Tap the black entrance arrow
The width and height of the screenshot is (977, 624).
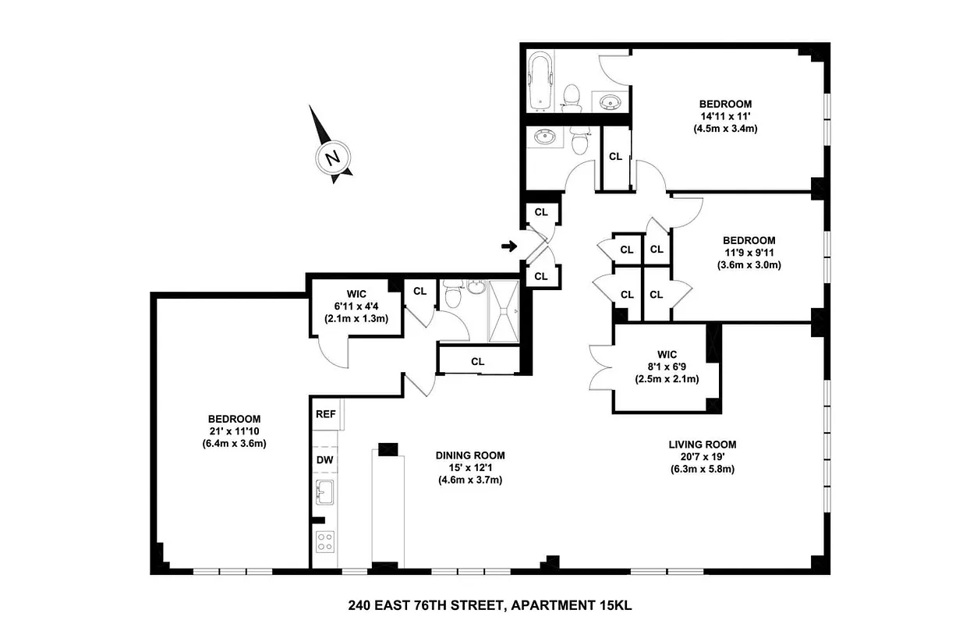[x=508, y=247]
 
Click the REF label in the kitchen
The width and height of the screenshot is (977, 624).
[x=325, y=414]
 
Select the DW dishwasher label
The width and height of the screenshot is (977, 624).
[x=325, y=459]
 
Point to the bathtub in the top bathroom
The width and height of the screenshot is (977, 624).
[x=540, y=81]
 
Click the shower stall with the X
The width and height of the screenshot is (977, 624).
[x=504, y=311]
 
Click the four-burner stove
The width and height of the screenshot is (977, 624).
[x=325, y=541]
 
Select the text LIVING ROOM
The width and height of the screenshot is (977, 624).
[x=702, y=445]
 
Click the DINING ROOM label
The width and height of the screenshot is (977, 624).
[x=470, y=456]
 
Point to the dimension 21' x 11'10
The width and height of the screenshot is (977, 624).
[x=234, y=431]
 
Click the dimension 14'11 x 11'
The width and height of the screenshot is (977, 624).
[x=725, y=116]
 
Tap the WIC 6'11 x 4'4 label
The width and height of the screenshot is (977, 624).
[x=356, y=306]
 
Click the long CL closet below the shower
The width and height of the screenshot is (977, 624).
[x=478, y=362]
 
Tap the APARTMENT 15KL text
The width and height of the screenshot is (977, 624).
[x=579, y=604]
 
